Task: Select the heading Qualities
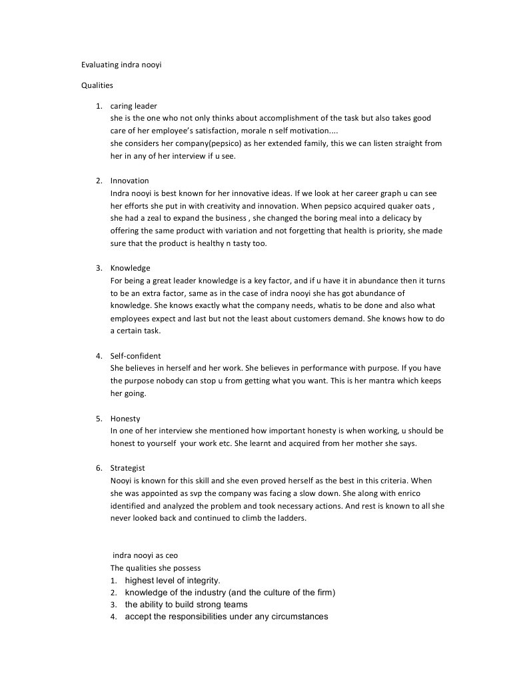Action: pyautogui.click(x=97, y=85)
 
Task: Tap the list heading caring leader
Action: pyautogui.click(x=133, y=106)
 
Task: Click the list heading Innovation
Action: pyautogui.click(x=129, y=181)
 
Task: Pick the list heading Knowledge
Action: pyautogui.click(x=130, y=268)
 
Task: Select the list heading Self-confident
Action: pyautogui.click(x=135, y=356)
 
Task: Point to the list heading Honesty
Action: pyautogui.click(x=125, y=419)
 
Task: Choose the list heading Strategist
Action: pyautogui.click(x=127, y=469)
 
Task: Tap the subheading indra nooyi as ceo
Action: pyautogui.click(x=145, y=555)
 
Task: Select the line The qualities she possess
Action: pyautogui.click(x=155, y=568)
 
